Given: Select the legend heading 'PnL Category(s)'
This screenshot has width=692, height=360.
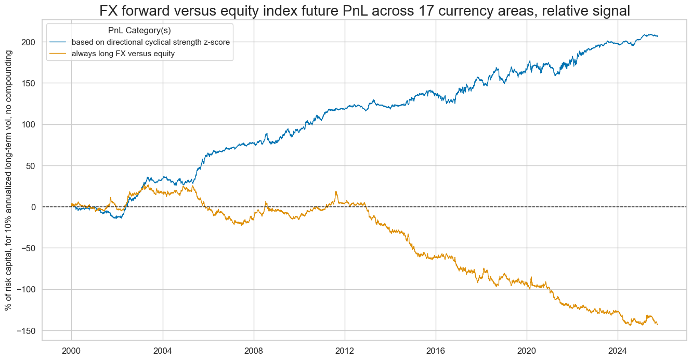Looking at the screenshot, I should tap(139, 31).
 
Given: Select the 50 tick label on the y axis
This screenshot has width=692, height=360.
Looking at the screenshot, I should tap(31, 166).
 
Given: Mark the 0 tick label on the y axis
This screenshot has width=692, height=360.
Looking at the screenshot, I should tap(33, 207).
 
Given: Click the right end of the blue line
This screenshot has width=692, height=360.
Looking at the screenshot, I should tap(657, 36).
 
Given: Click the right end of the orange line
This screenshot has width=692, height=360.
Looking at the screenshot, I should tap(657, 325).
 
